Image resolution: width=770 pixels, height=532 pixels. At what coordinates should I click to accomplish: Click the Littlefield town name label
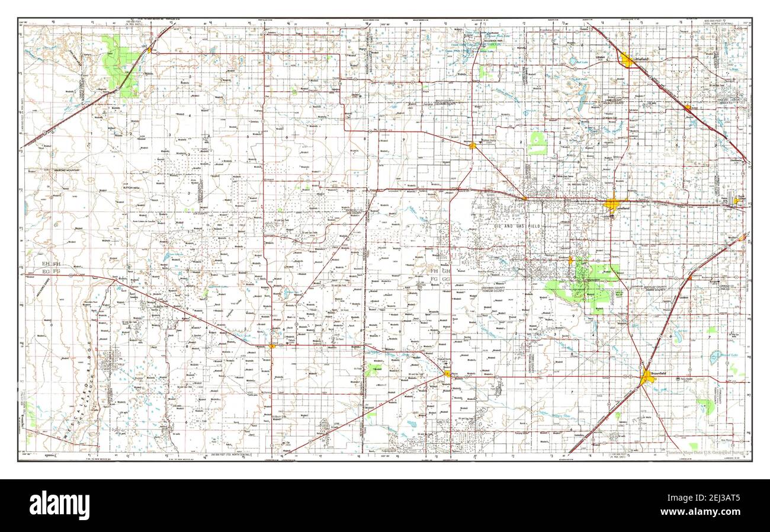coord(642,59)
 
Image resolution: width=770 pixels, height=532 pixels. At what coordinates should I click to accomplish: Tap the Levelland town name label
coord(621,209)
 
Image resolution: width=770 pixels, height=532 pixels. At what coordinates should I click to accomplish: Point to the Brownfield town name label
coord(658,374)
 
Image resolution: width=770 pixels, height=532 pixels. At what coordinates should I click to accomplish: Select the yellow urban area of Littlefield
coord(626,60)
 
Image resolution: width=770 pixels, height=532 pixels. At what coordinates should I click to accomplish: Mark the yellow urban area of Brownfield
coord(646,376)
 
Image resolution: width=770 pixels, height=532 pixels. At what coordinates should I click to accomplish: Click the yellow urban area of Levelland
coord(612,204)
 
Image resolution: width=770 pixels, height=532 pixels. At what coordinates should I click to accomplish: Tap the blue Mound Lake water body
coord(716,356)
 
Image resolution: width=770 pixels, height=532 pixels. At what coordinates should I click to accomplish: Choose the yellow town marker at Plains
coord(447,373)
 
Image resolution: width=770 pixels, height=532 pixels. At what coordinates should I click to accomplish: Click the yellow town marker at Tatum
coord(272,345)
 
